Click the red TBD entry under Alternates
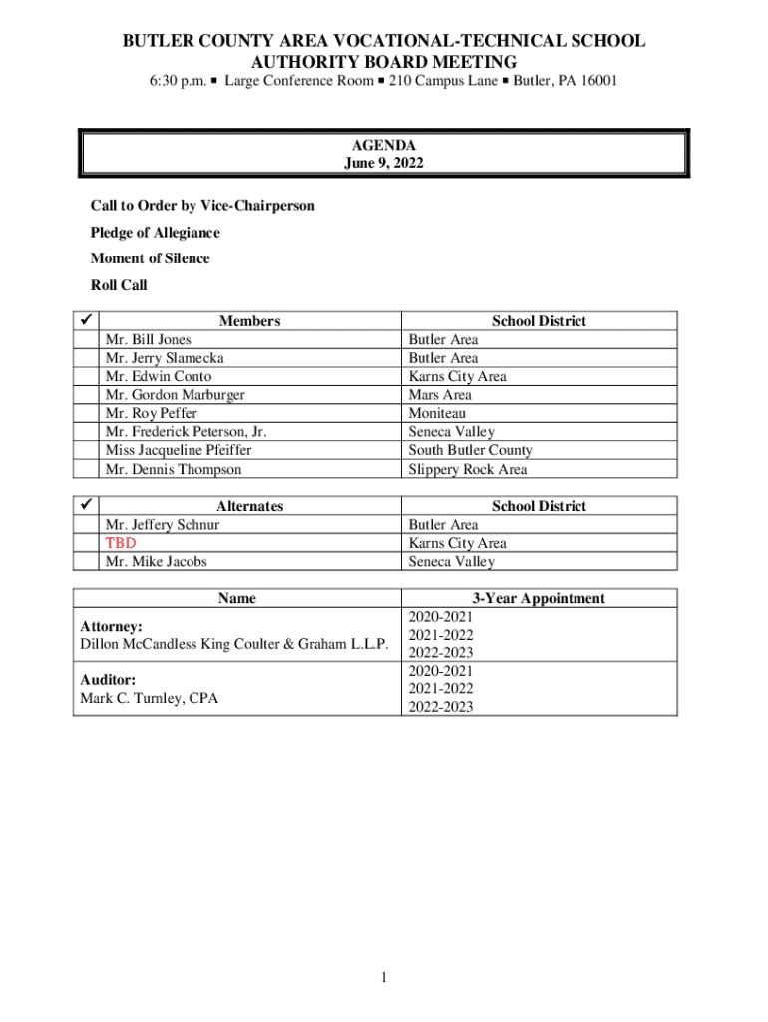click(121, 543)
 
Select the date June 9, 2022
click(384, 164)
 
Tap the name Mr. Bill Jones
click(149, 339)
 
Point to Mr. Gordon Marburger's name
click(176, 395)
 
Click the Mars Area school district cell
click(440, 395)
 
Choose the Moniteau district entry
click(437, 413)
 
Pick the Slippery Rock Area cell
click(468, 469)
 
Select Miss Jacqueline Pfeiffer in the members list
click(179, 450)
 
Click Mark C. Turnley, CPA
click(149, 698)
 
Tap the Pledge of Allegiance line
click(156, 233)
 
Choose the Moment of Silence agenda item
click(151, 258)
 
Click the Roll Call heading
click(119, 285)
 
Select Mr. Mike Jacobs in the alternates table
click(157, 561)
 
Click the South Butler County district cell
click(470, 450)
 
